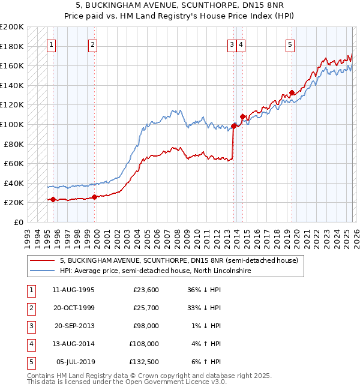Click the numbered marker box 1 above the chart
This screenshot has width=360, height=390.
point(52,44)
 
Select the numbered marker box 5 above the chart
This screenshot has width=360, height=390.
point(290,44)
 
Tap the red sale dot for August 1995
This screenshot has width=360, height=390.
point(53,199)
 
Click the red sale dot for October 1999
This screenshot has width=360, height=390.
point(94,197)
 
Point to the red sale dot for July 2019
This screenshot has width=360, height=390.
point(291,92)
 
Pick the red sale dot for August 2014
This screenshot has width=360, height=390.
point(242,116)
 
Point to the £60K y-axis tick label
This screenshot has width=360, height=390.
point(14,163)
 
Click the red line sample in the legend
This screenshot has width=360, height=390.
point(43,260)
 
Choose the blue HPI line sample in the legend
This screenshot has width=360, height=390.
point(43,271)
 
